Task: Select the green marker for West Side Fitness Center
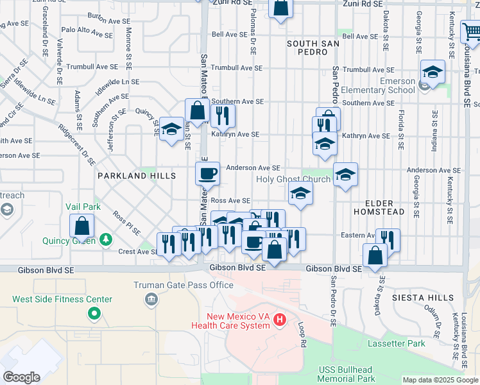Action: (94, 313)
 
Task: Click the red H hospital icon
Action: (279, 319)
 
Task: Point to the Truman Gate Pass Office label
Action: (175, 285)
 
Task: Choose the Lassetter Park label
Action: (397, 343)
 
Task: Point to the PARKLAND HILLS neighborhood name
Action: (137, 175)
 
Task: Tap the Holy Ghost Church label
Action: (293, 179)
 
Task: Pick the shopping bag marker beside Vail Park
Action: (82, 226)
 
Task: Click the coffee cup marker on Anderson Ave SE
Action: (207, 173)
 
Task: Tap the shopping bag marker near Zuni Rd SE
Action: (280, 8)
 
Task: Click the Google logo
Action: (21, 377)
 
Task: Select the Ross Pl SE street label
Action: (126, 223)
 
